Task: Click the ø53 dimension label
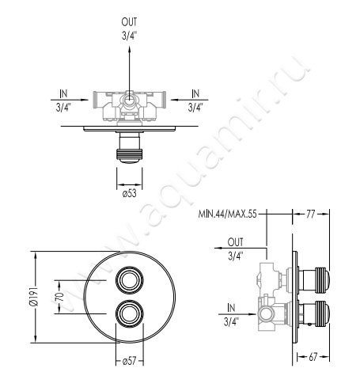[130, 193]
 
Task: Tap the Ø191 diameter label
[34, 297]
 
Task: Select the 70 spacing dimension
[60, 297]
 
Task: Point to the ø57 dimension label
[129, 361]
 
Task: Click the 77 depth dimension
[311, 214]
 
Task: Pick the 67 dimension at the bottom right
[313, 357]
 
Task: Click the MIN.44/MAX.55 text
[227, 214]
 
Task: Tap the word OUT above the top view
[129, 22]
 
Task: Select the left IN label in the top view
[63, 93]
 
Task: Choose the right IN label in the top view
[195, 93]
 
